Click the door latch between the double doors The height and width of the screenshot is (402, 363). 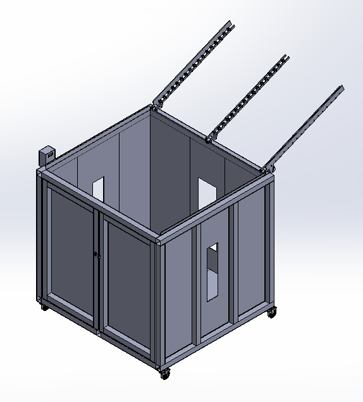pos(97,255)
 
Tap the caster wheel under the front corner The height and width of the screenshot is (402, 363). pos(165,374)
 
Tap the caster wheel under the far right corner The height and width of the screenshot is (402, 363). pos(272,312)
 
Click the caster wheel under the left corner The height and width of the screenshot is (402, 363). pos(44,307)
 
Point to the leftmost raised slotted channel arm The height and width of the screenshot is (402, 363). pos(193,63)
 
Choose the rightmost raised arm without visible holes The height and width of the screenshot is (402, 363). pos(308,126)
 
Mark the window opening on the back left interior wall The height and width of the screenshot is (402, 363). pos(98,188)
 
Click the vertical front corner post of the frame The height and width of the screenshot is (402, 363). pos(157,303)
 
